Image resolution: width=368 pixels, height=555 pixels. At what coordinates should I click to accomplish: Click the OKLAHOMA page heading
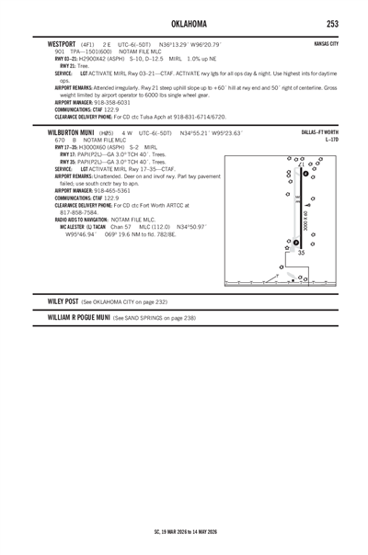[184, 23]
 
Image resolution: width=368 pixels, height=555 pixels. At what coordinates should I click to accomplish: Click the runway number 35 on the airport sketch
[301, 252]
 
